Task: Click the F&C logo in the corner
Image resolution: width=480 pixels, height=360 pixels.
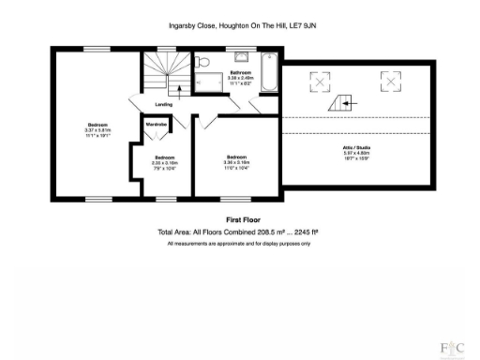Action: point(453,349)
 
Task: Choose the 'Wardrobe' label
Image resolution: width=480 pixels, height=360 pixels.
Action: point(154,123)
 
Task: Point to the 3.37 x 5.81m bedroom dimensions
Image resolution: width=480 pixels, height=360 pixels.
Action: point(96,132)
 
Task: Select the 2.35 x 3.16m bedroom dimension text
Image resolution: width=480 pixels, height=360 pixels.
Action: point(164,161)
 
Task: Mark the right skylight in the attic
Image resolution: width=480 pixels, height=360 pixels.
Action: point(386,81)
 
